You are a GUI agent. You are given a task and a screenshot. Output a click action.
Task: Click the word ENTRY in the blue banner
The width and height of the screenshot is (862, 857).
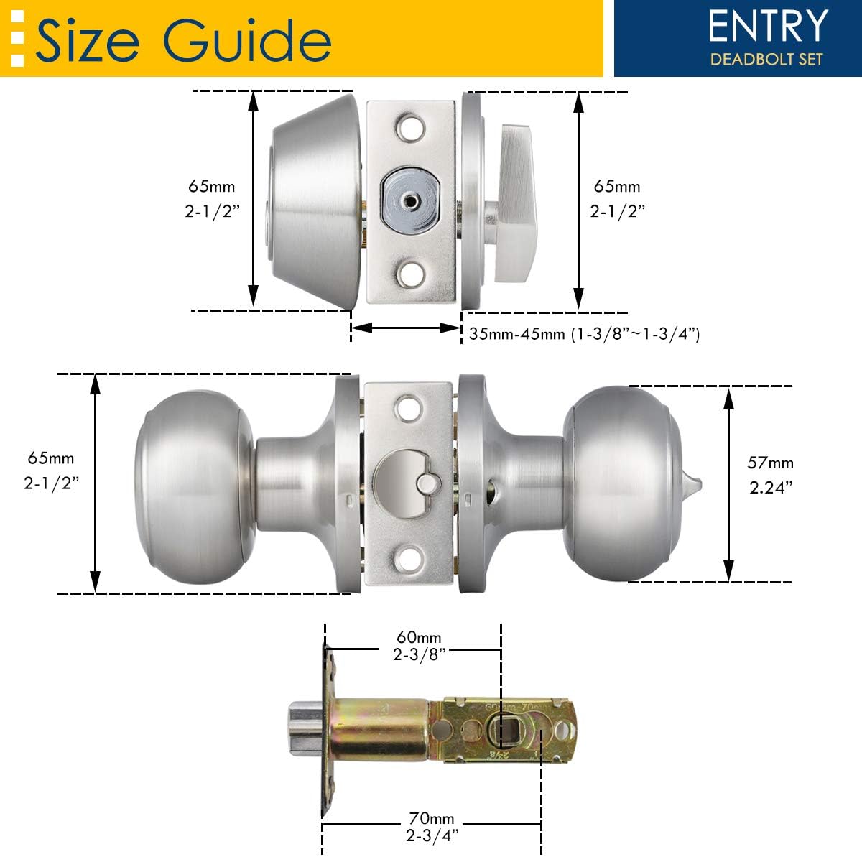pos(767,26)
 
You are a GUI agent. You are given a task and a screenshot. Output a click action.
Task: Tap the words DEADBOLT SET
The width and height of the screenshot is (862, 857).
pos(766,59)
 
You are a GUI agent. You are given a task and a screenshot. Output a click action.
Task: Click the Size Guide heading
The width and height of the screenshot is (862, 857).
pos(182,39)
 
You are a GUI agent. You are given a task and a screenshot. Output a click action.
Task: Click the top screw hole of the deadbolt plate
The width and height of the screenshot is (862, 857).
pos(411,128)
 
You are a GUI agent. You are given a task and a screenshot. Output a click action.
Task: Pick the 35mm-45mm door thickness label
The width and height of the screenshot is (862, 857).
pos(584,334)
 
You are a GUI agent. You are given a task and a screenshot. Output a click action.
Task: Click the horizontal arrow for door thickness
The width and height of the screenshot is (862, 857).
pos(405,328)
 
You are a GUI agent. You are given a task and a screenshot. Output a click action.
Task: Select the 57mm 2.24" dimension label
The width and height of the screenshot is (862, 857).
pos(771,475)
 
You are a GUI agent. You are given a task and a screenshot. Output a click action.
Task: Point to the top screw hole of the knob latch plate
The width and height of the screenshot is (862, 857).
pos(411,408)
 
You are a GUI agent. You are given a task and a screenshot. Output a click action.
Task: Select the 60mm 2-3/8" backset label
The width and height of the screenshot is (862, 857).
pos(420,645)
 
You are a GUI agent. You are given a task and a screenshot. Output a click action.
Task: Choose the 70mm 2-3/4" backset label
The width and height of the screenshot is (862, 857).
pos(431,826)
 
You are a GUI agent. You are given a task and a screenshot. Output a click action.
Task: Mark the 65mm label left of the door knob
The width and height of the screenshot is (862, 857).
pos(50,470)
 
